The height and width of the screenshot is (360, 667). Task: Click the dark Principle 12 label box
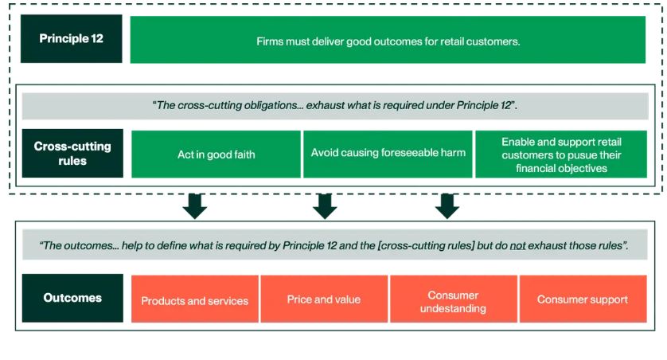pos(72,39)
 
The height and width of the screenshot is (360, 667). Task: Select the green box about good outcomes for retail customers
pos(388,40)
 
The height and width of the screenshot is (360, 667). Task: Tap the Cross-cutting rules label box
pos(72,153)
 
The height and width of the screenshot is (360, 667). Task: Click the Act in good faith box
pos(216,155)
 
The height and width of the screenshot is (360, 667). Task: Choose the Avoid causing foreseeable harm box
pos(388,153)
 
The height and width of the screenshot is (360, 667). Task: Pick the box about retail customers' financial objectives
pos(561,155)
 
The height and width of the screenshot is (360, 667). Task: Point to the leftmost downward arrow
pos(195,205)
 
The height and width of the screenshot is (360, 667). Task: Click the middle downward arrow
pos(324,205)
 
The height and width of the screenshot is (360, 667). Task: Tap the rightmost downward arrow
pos(447,205)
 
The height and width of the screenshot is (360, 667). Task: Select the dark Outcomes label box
pos(72,298)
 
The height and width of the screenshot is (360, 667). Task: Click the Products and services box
pos(195,300)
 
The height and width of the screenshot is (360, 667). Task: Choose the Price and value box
pos(324,299)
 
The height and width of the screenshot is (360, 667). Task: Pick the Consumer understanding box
pos(453,301)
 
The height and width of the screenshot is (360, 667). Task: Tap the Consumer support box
pos(582,299)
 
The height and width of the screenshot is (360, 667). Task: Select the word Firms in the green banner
pos(271,41)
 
